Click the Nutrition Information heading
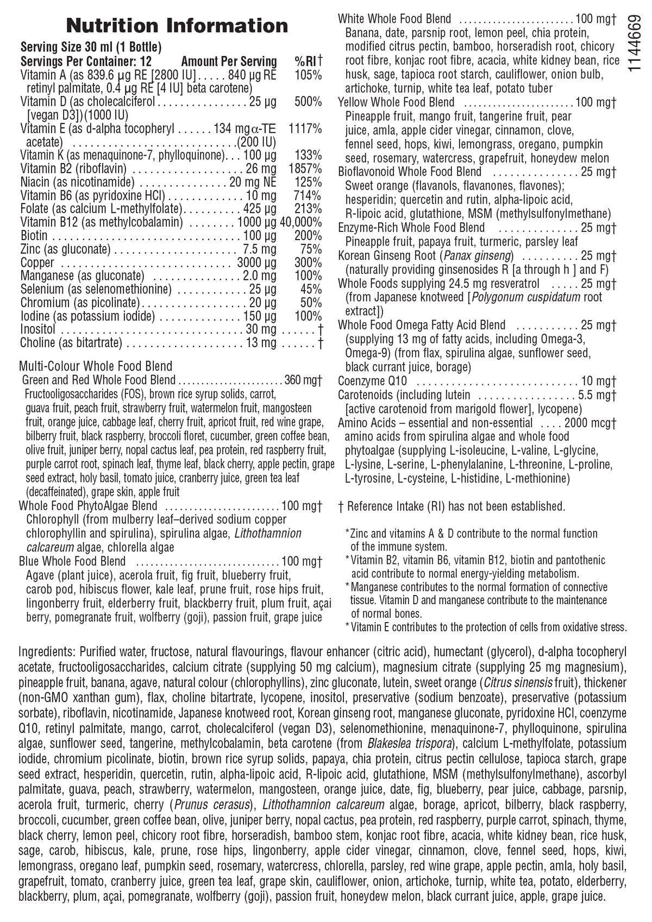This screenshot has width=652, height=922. point(177,26)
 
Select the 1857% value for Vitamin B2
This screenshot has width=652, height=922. point(308,169)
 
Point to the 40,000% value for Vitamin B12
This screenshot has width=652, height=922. point(301,223)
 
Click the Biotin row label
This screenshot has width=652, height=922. point(34,236)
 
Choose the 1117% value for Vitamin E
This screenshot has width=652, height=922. point(305,129)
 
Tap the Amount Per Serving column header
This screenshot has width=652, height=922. point(229,61)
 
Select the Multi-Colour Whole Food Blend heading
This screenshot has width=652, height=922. point(96,366)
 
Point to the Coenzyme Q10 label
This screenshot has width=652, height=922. point(372,381)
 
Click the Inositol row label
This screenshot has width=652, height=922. point(38,329)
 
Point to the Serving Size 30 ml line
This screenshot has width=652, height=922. point(91,47)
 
